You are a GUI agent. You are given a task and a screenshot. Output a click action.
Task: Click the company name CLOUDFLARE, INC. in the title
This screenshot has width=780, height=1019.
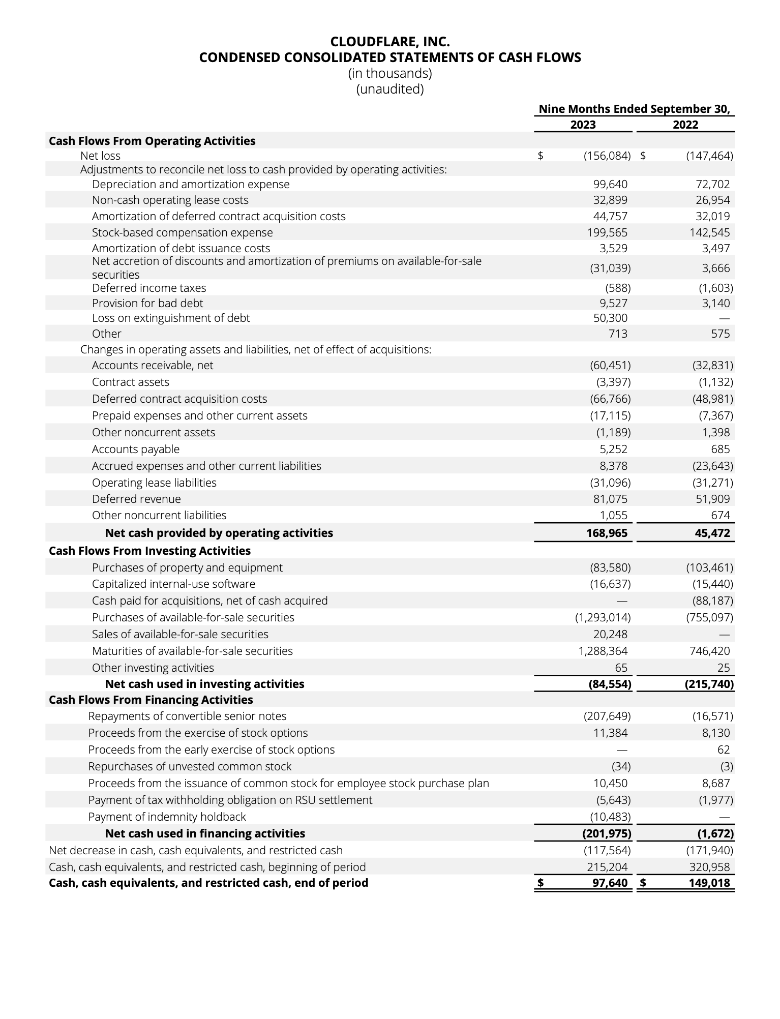point(390,41)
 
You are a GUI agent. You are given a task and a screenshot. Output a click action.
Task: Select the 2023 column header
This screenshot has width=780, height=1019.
point(583,125)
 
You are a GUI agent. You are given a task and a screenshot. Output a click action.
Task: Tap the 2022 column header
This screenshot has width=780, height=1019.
point(685,125)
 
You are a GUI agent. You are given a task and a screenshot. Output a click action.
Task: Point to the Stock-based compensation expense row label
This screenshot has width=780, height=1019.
point(182,232)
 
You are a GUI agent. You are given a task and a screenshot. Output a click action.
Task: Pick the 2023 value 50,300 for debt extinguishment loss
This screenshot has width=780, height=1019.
point(610,318)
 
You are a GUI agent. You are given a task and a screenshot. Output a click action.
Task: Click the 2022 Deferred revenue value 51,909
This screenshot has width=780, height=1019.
point(712,499)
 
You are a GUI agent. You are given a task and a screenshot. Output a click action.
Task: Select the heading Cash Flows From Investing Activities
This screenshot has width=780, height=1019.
point(149,551)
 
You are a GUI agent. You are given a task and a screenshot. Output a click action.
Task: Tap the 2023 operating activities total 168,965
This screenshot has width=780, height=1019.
point(607,533)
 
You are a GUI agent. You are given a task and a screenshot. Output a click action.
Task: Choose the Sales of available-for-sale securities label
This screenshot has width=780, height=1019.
point(180,634)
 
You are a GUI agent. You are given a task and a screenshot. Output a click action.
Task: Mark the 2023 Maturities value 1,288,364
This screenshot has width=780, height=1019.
point(603,651)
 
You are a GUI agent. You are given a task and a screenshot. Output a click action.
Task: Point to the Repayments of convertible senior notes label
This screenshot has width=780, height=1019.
point(187,716)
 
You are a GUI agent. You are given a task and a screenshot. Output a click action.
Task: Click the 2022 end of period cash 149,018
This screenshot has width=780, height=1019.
point(709,883)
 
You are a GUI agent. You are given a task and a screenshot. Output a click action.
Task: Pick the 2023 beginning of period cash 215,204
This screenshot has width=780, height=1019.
point(607,867)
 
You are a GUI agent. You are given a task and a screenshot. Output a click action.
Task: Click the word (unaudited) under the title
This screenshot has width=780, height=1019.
point(390,89)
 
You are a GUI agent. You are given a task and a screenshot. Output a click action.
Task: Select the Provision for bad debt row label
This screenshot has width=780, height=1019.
point(147,303)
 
